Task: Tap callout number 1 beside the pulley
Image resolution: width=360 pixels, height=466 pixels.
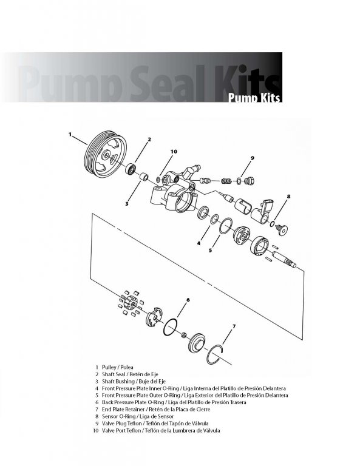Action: click(70, 134)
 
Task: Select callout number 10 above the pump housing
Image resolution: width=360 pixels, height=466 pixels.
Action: click(174, 152)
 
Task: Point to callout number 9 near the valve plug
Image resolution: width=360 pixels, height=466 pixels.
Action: click(253, 158)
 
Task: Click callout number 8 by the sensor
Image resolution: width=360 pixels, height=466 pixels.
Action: click(288, 196)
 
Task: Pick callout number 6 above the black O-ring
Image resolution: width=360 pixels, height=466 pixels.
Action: click(188, 300)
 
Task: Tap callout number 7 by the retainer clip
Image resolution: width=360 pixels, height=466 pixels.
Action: click(234, 326)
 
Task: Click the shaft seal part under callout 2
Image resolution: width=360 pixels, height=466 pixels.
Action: click(131, 169)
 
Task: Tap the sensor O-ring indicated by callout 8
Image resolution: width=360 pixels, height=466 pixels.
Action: click(272, 224)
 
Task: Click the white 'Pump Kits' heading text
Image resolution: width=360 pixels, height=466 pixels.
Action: click(254, 98)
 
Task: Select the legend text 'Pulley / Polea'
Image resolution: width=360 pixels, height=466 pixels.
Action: click(118, 367)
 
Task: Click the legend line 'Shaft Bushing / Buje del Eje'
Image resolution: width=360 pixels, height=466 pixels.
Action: click(134, 381)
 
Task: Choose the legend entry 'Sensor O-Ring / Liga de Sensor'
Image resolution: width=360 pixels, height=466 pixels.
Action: click(138, 416)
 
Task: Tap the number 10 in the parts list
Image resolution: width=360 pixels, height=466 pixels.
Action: click(95, 430)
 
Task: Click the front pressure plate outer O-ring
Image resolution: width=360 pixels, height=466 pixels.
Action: click(226, 226)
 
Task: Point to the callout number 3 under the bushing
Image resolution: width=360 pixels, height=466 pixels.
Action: click(127, 204)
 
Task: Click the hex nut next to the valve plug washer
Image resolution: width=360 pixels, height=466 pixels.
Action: click(249, 181)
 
